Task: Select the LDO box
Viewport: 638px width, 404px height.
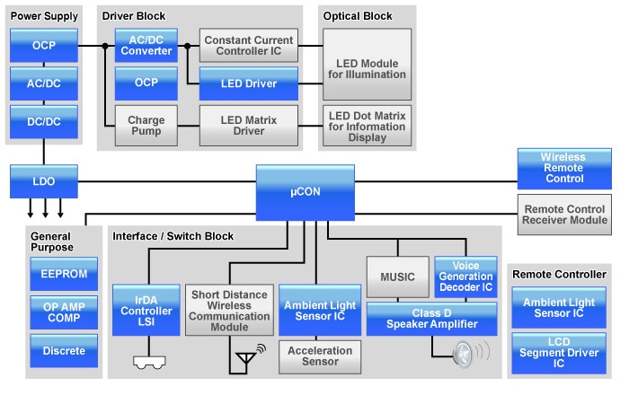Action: (43, 180)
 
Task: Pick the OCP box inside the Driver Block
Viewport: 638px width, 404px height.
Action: (146, 83)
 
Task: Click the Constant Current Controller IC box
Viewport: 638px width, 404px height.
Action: (249, 45)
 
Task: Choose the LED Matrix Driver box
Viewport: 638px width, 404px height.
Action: (249, 126)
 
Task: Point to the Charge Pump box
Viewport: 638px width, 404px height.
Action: (146, 126)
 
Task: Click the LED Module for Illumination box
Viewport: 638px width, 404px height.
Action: (367, 64)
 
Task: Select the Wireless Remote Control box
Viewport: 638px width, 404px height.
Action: (563, 168)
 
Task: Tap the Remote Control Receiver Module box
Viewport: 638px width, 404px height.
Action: (563, 215)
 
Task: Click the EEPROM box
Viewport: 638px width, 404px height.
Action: (64, 274)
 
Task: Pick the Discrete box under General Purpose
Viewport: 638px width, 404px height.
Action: (64, 351)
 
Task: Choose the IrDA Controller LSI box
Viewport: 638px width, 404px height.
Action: (145, 310)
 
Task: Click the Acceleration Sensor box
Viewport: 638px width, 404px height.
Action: (320, 356)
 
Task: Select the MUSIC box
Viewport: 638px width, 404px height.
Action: (397, 277)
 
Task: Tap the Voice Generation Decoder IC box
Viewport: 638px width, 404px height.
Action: (465, 277)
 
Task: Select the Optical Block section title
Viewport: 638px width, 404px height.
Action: (358, 16)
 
